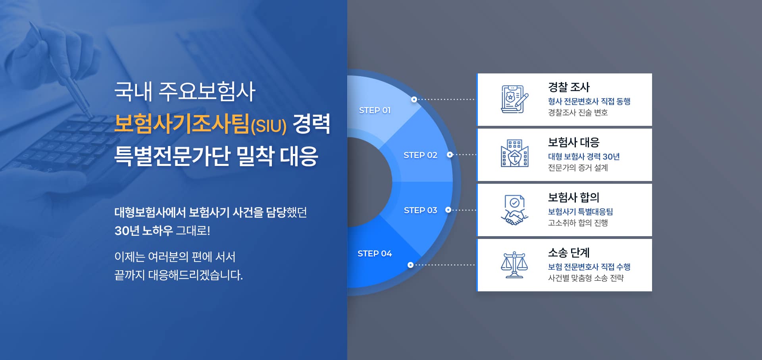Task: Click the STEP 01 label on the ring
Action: (375, 110)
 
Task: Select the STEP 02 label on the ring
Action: (420, 155)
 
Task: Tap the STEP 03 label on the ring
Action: (420, 210)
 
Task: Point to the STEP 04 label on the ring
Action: (375, 254)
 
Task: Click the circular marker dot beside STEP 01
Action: (414, 99)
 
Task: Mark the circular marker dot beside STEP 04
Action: (410, 265)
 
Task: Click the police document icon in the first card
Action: (515, 99)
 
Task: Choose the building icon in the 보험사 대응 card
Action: (515, 153)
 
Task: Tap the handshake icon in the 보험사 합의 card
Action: (515, 210)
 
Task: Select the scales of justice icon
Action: (514, 265)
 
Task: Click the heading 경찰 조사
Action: (569, 87)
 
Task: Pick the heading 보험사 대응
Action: (573, 142)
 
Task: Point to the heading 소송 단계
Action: (569, 252)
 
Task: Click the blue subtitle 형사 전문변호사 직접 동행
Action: (589, 101)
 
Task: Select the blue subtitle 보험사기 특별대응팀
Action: (580, 212)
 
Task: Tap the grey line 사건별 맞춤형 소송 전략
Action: (586, 278)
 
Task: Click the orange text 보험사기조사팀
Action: (182, 123)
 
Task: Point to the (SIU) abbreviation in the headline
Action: (269, 126)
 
